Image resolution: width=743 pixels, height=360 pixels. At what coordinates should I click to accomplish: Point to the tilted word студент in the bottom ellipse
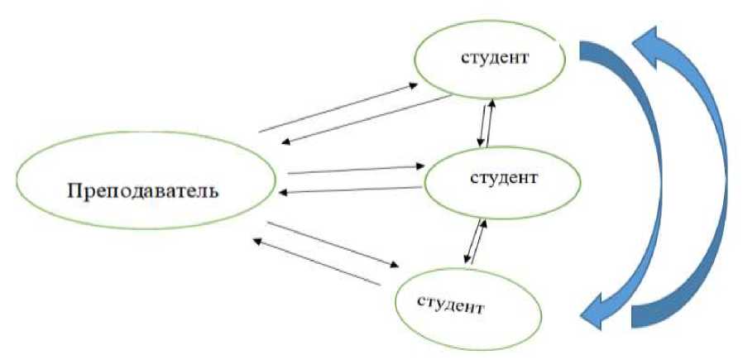[x=452, y=301]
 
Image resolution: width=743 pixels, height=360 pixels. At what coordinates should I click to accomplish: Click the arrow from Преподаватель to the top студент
[x=339, y=107]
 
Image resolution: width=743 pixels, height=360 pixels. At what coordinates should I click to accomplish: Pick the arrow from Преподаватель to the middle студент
[x=353, y=170]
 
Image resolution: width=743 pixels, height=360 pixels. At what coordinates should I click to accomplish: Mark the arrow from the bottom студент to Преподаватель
[x=314, y=262]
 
